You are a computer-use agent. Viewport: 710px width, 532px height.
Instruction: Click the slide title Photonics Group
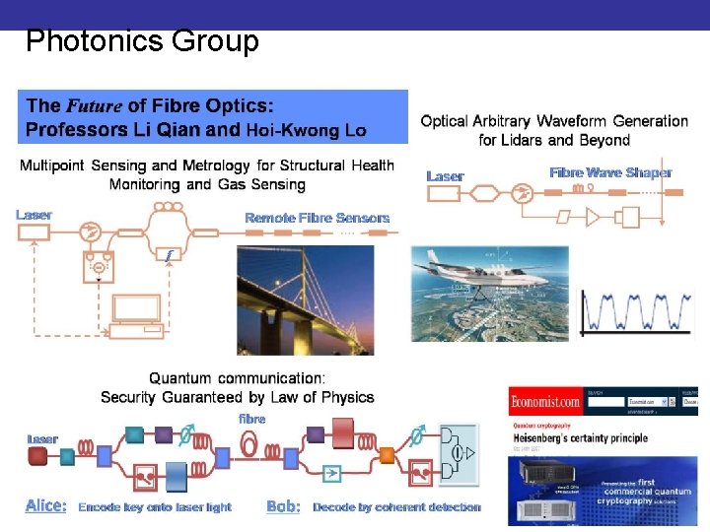(142, 41)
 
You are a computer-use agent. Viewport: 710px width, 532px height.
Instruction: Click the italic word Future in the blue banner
(94, 105)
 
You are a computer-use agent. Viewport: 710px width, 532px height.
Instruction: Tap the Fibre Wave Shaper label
(610, 172)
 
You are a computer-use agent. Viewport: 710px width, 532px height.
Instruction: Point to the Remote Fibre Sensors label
(317, 217)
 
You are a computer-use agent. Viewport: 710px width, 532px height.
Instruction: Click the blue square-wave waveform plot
(634, 311)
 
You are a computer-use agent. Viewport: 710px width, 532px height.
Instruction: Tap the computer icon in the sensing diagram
(136, 313)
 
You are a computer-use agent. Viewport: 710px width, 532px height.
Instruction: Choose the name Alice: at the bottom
(46, 505)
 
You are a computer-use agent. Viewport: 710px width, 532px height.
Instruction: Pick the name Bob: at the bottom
(283, 506)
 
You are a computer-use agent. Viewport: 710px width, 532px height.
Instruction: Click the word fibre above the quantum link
(252, 419)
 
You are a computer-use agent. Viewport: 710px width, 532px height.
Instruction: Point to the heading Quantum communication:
(237, 378)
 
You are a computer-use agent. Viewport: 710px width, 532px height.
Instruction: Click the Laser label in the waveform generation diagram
(445, 176)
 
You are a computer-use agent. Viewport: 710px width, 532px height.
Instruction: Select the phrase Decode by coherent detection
(396, 506)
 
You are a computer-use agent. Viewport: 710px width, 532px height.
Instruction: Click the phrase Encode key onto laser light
(155, 506)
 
